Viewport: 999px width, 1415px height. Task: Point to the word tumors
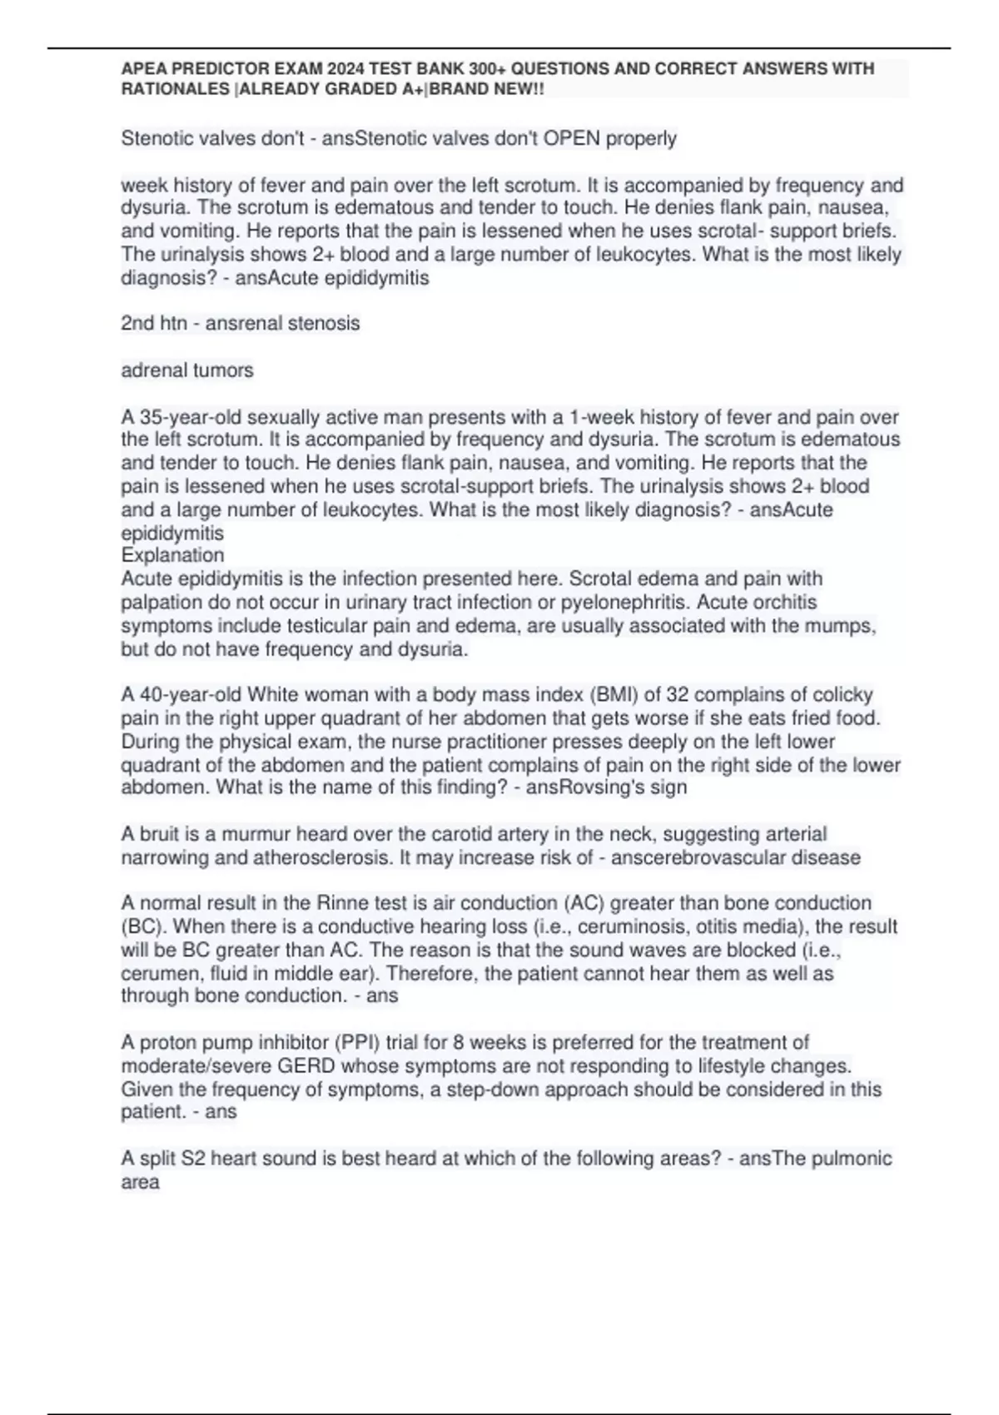225,370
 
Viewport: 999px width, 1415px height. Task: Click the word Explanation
172,555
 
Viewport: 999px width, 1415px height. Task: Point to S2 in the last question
192,1159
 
